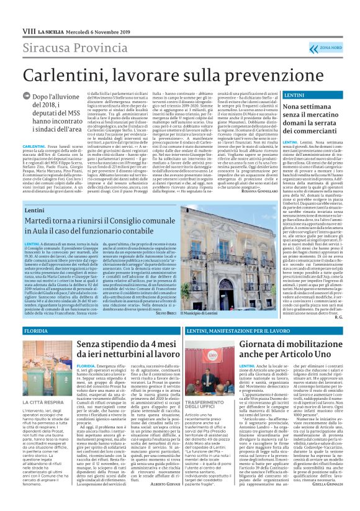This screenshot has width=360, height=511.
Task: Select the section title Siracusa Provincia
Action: tap(71, 48)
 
